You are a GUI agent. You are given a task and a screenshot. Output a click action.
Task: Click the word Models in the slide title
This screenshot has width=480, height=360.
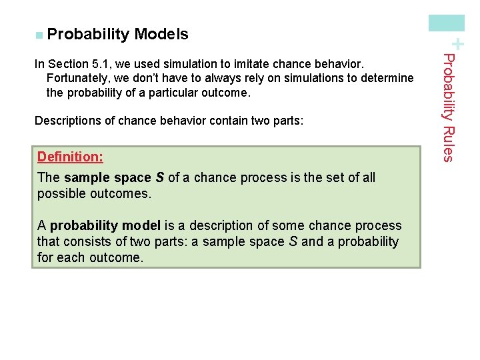point(161,34)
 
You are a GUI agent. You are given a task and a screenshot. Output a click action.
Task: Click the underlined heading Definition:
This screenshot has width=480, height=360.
point(70,157)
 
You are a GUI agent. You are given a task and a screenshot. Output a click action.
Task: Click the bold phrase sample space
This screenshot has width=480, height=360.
point(108,177)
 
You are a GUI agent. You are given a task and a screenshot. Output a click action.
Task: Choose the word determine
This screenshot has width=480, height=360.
point(388,78)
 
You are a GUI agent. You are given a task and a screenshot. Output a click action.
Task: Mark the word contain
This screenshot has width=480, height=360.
point(228,121)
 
